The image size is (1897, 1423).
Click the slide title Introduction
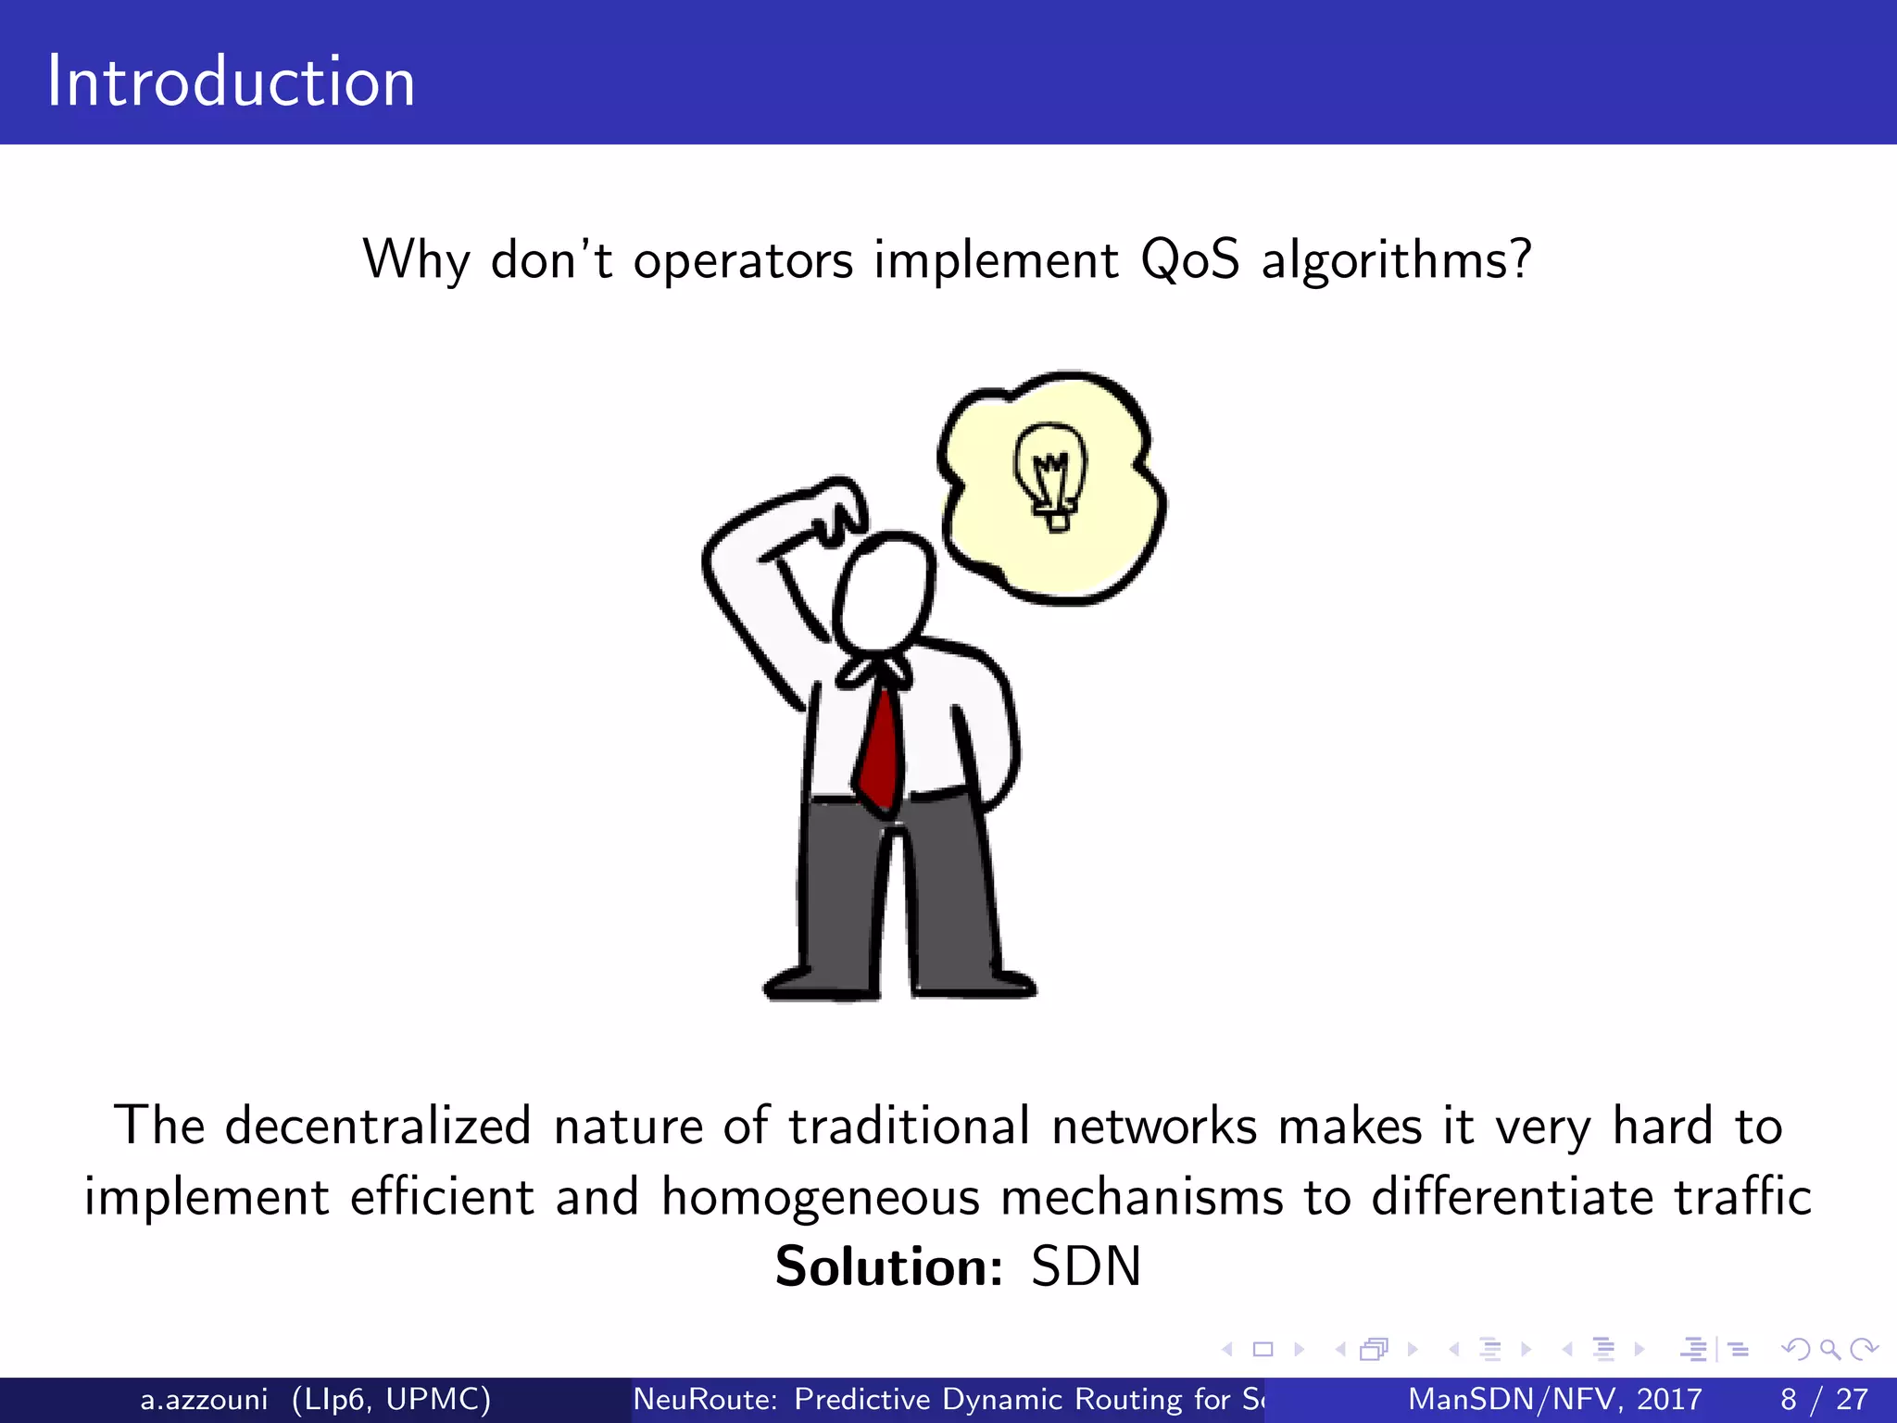231,82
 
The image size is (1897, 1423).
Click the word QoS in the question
1189,259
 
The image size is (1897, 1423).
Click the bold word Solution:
888,1266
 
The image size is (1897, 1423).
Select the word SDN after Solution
1086,1266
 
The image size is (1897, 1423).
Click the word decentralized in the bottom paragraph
378,1127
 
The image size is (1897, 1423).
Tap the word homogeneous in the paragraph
820,1197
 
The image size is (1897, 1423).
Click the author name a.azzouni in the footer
204,1399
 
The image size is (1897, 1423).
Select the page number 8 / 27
1824,1399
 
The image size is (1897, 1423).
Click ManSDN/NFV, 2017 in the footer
1554,1399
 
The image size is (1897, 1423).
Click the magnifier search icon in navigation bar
1829,1350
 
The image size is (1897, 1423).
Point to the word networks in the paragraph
1153,1127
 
